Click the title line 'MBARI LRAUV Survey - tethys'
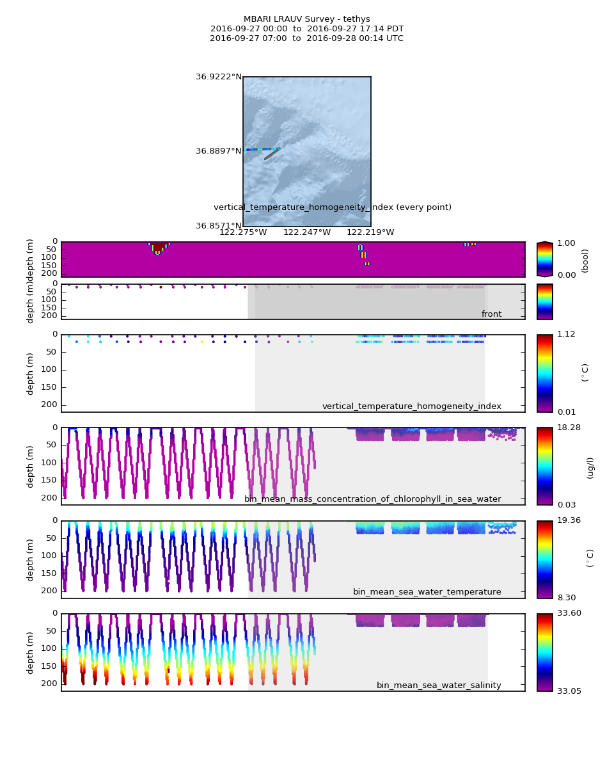[x=306, y=19]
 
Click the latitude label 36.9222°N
[x=219, y=77]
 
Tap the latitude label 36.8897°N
[x=219, y=151]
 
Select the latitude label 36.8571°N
[x=219, y=226]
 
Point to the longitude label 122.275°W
[x=243, y=232]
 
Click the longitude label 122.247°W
[x=307, y=232]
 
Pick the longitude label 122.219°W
[x=370, y=232]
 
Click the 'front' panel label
[x=491, y=314]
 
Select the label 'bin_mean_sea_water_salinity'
[x=439, y=685]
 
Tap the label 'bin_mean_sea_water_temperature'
[x=427, y=592]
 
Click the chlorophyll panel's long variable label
[x=372, y=499]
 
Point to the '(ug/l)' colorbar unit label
[x=590, y=467]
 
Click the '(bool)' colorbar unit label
[x=585, y=260]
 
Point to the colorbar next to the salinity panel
[x=544, y=652]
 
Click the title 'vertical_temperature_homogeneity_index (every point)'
[x=332, y=207]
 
